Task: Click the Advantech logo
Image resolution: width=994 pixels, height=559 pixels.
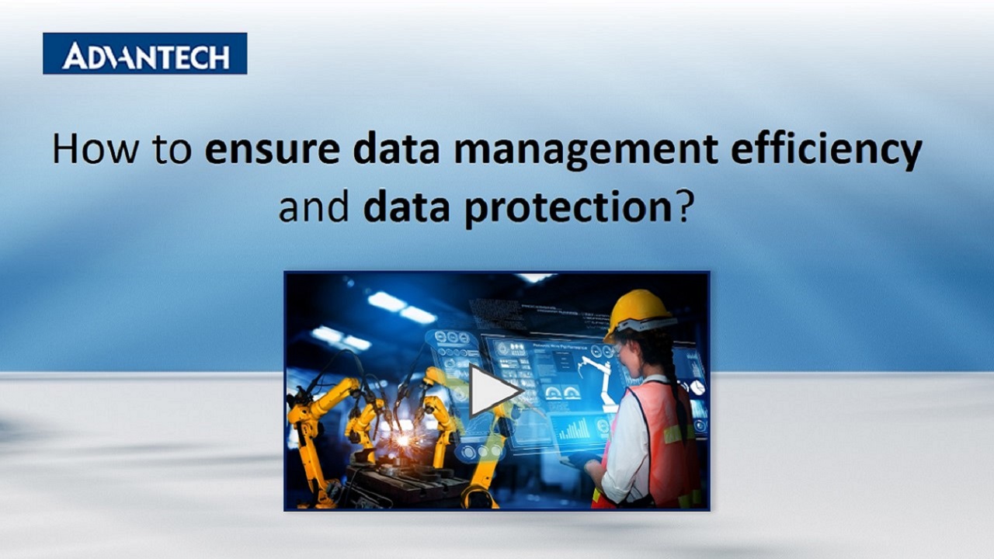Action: click(144, 54)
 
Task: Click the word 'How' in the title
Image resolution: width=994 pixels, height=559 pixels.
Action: click(88, 149)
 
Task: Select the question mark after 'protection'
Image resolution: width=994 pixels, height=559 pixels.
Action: click(683, 208)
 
